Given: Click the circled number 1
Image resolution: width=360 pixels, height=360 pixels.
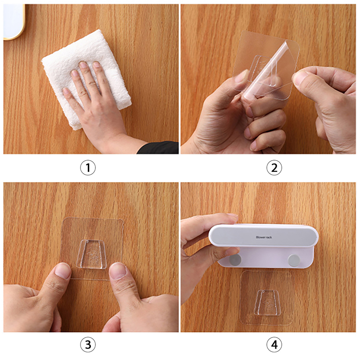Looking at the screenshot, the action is point(88,167).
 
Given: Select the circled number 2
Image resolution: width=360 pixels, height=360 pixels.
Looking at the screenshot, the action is point(274,167).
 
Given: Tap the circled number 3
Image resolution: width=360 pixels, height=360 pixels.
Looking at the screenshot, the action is point(88,345).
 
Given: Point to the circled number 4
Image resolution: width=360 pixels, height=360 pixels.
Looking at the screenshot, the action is point(274,345).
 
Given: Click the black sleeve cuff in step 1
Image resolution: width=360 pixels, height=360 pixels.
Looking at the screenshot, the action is point(158,148).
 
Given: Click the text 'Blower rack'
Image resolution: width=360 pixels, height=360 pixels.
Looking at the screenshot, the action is point(264,237).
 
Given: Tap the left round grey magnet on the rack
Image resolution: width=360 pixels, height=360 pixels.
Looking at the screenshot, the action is point(235,260).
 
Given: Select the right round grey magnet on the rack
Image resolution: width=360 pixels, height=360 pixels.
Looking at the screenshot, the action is point(294,261).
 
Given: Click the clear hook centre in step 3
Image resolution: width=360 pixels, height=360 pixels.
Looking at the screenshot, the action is point(92,254).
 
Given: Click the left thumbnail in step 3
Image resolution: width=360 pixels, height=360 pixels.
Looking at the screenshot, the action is point(63,271).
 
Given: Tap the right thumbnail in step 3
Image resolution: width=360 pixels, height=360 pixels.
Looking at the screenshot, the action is point(118,271).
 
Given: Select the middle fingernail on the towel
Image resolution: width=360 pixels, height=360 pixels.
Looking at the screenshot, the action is point(83,64).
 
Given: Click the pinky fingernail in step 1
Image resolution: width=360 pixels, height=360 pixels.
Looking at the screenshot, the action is point(66,91).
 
